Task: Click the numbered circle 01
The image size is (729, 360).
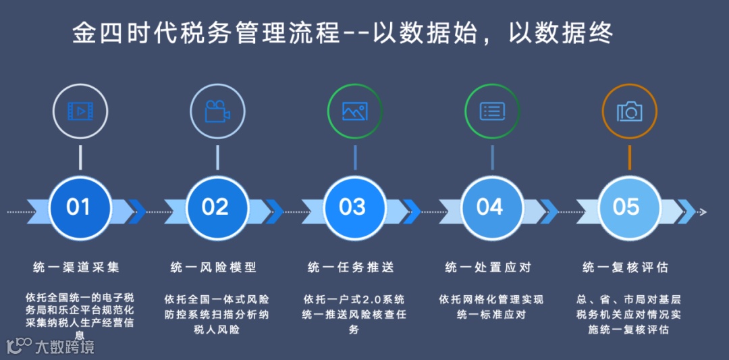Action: pyautogui.click(x=79, y=207)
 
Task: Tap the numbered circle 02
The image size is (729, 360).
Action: pyautogui.click(x=216, y=207)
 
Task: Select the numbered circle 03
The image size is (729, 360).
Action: pyautogui.click(x=353, y=207)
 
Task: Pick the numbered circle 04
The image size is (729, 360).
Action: pyautogui.click(x=491, y=207)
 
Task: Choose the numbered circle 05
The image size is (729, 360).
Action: pyautogui.click(x=627, y=207)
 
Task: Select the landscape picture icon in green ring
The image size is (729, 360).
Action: pyautogui.click(x=354, y=111)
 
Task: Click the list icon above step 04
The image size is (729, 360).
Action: pyautogui.click(x=492, y=111)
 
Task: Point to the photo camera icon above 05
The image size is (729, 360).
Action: pyautogui.click(x=629, y=111)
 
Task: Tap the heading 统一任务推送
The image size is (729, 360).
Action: pyautogui.click(x=351, y=267)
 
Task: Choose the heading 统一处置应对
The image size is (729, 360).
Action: pyautogui.click(x=488, y=267)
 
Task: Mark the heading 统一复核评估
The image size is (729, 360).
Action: pyautogui.click(x=625, y=267)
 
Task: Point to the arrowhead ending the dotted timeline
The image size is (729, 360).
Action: pyautogui.click(x=703, y=212)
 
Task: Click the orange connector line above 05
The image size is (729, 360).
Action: pyautogui.click(x=629, y=157)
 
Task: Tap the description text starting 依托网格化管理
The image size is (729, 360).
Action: pyautogui.click(x=491, y=307)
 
